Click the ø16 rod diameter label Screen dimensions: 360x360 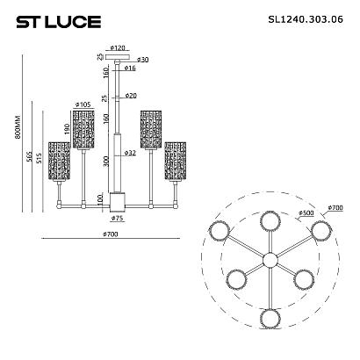(130, 67)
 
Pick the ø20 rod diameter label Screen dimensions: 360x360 (131, 95)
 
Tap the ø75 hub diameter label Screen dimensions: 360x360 (117, 218)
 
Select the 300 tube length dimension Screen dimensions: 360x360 (105, 161)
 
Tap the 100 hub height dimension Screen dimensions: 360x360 (100, 200)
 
